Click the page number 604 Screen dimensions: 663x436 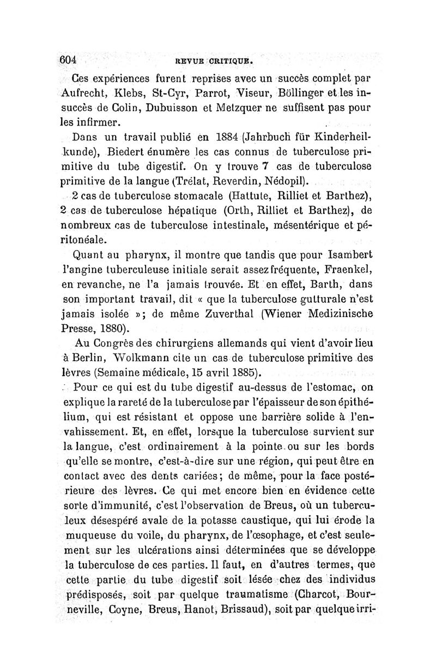(x=70, y=59)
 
